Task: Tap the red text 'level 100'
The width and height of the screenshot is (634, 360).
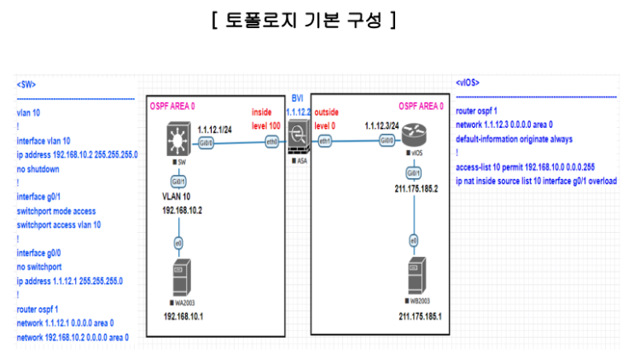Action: pos(266,125)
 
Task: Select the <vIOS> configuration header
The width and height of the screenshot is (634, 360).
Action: pos(468,83)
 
